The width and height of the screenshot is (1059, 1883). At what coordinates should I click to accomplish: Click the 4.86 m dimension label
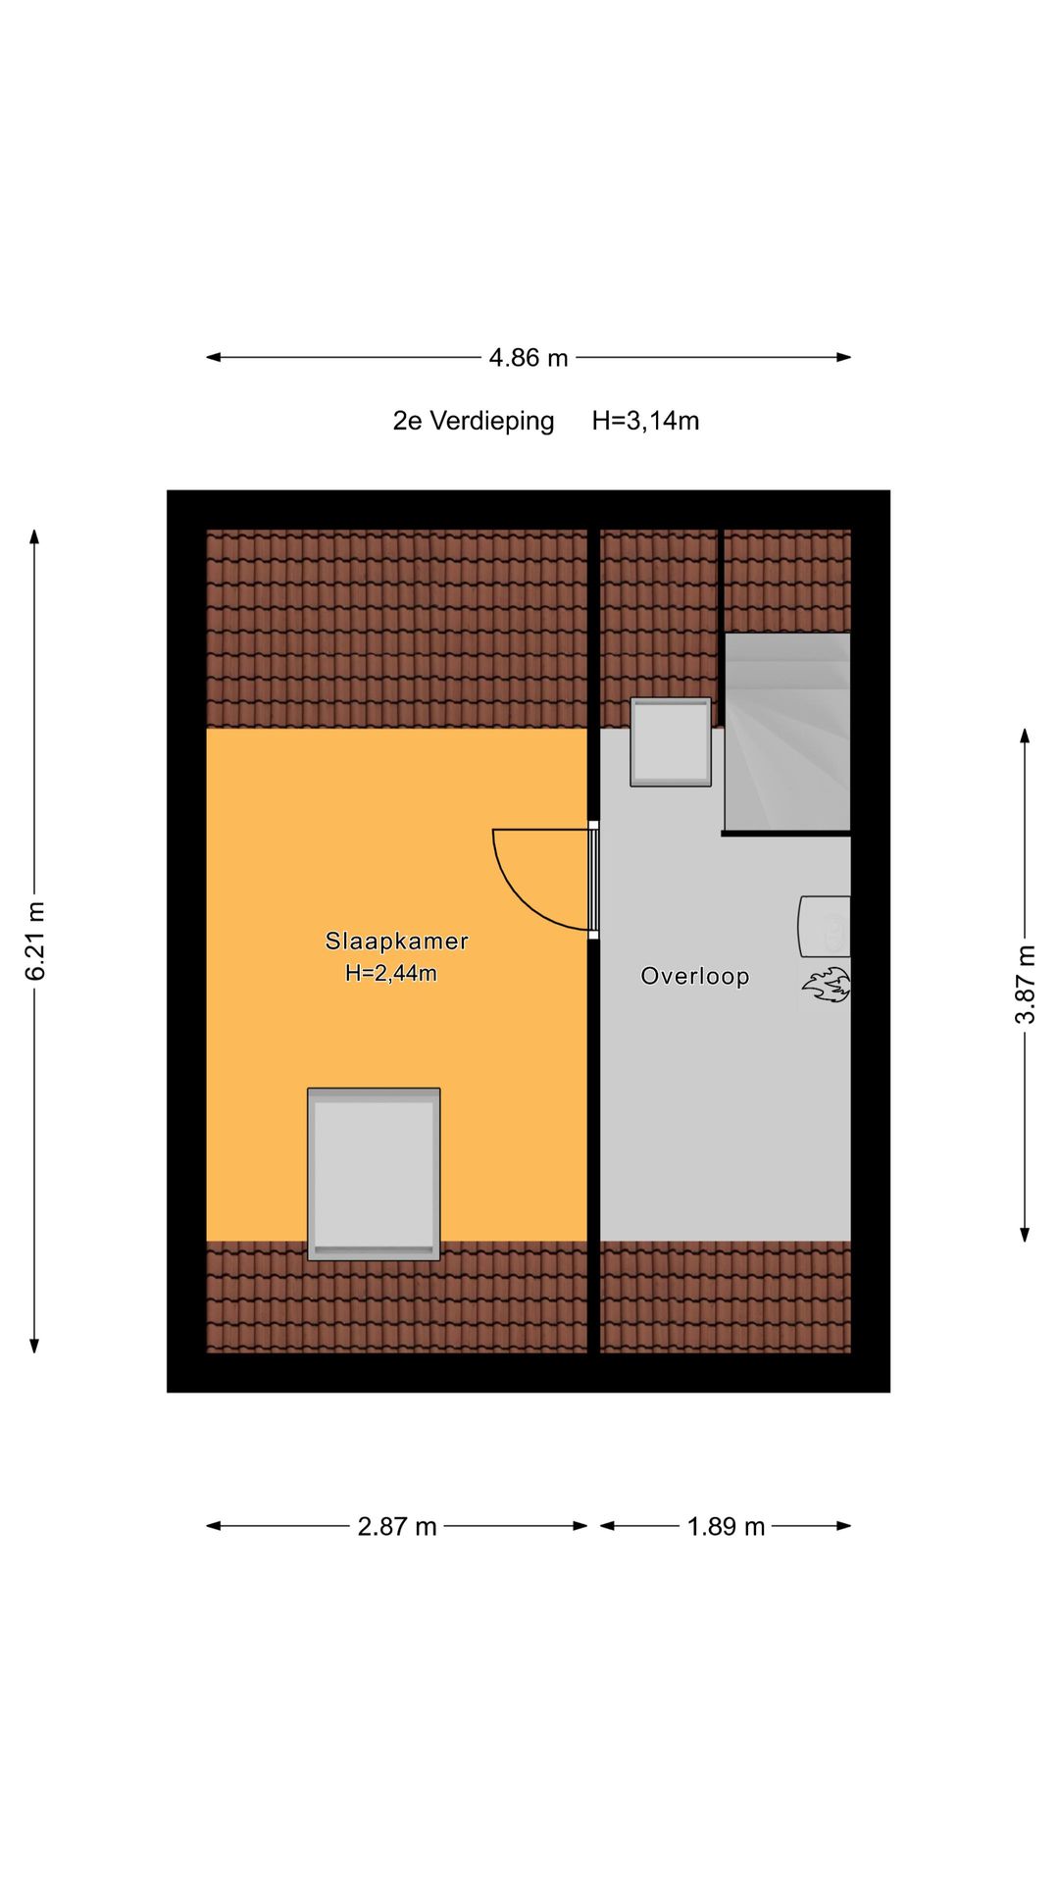(529, 358)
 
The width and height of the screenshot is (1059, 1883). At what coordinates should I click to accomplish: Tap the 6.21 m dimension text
(35, 941)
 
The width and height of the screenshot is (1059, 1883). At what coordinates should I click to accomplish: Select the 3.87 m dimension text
(1025, 984)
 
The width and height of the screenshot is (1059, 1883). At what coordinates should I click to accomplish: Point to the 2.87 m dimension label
(396, 1526)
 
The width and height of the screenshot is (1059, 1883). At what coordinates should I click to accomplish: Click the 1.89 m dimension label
(726, 1526)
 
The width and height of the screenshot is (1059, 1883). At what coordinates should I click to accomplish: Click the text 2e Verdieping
(474, 421)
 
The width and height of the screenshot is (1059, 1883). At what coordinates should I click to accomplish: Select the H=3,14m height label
(645, 421)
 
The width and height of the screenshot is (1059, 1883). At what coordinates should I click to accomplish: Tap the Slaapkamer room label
(396, 941)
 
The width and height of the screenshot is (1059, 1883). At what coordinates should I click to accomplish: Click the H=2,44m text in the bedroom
(390, 973)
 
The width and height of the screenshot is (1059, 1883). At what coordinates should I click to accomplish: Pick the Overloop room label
(694, 976)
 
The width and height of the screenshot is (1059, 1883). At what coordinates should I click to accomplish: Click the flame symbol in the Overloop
(827, 985)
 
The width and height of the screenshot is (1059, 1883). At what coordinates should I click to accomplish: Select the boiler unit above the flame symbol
(825, 926)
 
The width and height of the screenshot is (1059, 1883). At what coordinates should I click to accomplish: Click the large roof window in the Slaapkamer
(374, 1173)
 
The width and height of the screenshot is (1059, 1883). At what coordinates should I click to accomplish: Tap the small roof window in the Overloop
(671, 741)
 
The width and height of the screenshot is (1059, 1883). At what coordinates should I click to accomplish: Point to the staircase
(787, 732)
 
